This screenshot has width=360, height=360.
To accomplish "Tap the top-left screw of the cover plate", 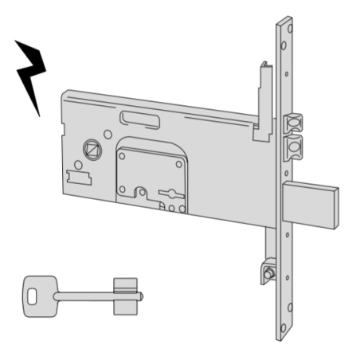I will click(x=123, y=155).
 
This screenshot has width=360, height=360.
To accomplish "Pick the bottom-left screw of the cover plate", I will click(x=122, y=190).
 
